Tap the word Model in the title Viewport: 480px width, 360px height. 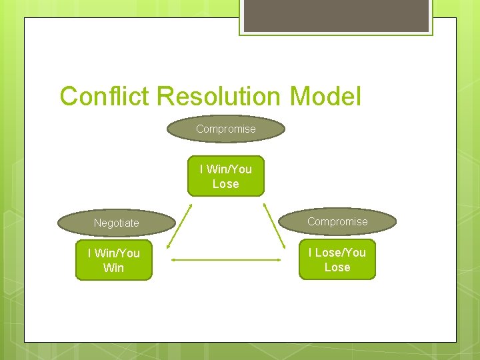point(325,97)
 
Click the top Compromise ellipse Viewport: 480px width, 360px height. point(225,129)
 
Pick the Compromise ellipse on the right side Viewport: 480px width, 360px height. point(337,222)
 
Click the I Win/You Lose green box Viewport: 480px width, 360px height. point(225,176)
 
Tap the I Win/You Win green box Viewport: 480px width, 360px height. point(113,261)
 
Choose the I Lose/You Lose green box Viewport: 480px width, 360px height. point(337,260)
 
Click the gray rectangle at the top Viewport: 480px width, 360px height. point(336,15)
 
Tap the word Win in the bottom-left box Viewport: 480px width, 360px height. point(113,268)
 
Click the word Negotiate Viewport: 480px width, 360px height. point(116,223)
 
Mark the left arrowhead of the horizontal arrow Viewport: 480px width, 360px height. point(173,260)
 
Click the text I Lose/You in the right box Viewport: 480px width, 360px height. point(337,253)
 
